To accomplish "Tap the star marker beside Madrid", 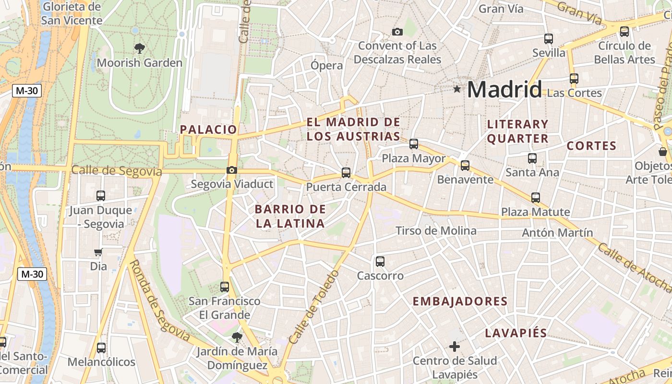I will coord(457,89).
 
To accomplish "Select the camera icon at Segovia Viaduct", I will coord(232,170).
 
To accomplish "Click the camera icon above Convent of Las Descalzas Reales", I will coord(397,32).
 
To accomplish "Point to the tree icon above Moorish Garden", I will coord(140,48).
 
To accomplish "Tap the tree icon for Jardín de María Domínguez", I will coord(237,336).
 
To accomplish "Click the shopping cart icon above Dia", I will coord(98,252).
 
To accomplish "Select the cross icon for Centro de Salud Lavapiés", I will coord(454,346).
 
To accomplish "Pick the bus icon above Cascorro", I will coord(380,262).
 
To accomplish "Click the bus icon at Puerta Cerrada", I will coord(346,173).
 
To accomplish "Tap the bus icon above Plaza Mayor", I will coord(414,144).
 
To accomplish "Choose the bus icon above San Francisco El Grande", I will coord(225,287).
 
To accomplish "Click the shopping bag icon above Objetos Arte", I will coord(663,152).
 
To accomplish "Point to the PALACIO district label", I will coord(208,129).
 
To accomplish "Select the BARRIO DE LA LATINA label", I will coord(290,216).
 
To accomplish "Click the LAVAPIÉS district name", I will coord(516,333).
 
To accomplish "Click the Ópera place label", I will coord(326,66).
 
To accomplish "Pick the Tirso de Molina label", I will coord(436,231).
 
